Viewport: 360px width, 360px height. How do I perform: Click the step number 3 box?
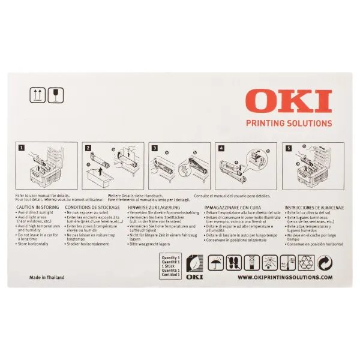[x=154, y=147]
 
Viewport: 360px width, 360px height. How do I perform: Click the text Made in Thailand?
[x=47, y=278]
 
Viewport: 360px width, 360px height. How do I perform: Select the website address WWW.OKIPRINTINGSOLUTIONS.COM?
[x=284, y=278]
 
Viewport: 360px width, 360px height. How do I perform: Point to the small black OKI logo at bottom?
[x=196, y=277]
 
